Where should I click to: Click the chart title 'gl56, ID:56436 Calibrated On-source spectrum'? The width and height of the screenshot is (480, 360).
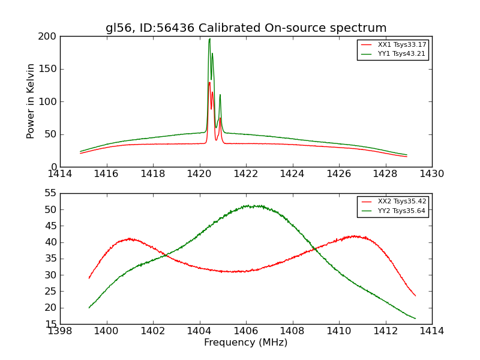(x=246, y=28)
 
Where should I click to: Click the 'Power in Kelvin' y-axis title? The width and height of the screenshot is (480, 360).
(x=31, y=101)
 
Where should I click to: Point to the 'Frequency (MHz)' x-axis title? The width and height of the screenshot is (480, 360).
(x=246, y=343)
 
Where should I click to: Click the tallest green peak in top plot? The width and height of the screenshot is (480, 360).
(x=209, y=40)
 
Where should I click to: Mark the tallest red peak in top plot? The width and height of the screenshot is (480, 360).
(x=209, y=83)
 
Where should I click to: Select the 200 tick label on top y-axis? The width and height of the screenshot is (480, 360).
(x=49, y=36)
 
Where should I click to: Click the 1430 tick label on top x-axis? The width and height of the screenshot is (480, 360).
(x=432, y=174)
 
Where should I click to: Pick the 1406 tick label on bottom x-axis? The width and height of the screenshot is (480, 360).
(x=246, y=331)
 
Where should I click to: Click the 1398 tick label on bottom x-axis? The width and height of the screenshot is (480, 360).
(x=60, y=331)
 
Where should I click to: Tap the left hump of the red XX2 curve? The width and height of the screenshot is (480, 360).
(x=129, y=239)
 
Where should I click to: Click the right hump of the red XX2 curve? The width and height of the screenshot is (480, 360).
(x=355, y=236)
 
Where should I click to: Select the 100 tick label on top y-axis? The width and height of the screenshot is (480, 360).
(x=49, y=101)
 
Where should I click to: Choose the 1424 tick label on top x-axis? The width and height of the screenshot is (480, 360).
(x=292, y=174)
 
